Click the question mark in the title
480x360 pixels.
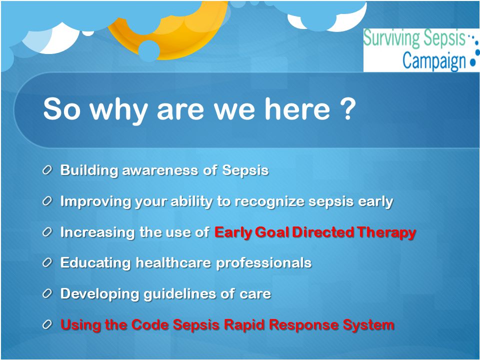(348, 108)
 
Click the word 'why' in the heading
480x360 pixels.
(118, 110)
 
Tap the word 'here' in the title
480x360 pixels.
(297, 108)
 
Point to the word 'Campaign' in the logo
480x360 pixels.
(434, 60)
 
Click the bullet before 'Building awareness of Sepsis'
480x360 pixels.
(47, 170)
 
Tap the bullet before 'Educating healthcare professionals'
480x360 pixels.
(47, 262)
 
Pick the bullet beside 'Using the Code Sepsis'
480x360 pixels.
(47, 324)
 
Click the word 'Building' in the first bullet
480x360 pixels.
(89, 170)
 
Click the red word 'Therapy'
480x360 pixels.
(386, 232)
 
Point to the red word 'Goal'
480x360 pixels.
(272, 232)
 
